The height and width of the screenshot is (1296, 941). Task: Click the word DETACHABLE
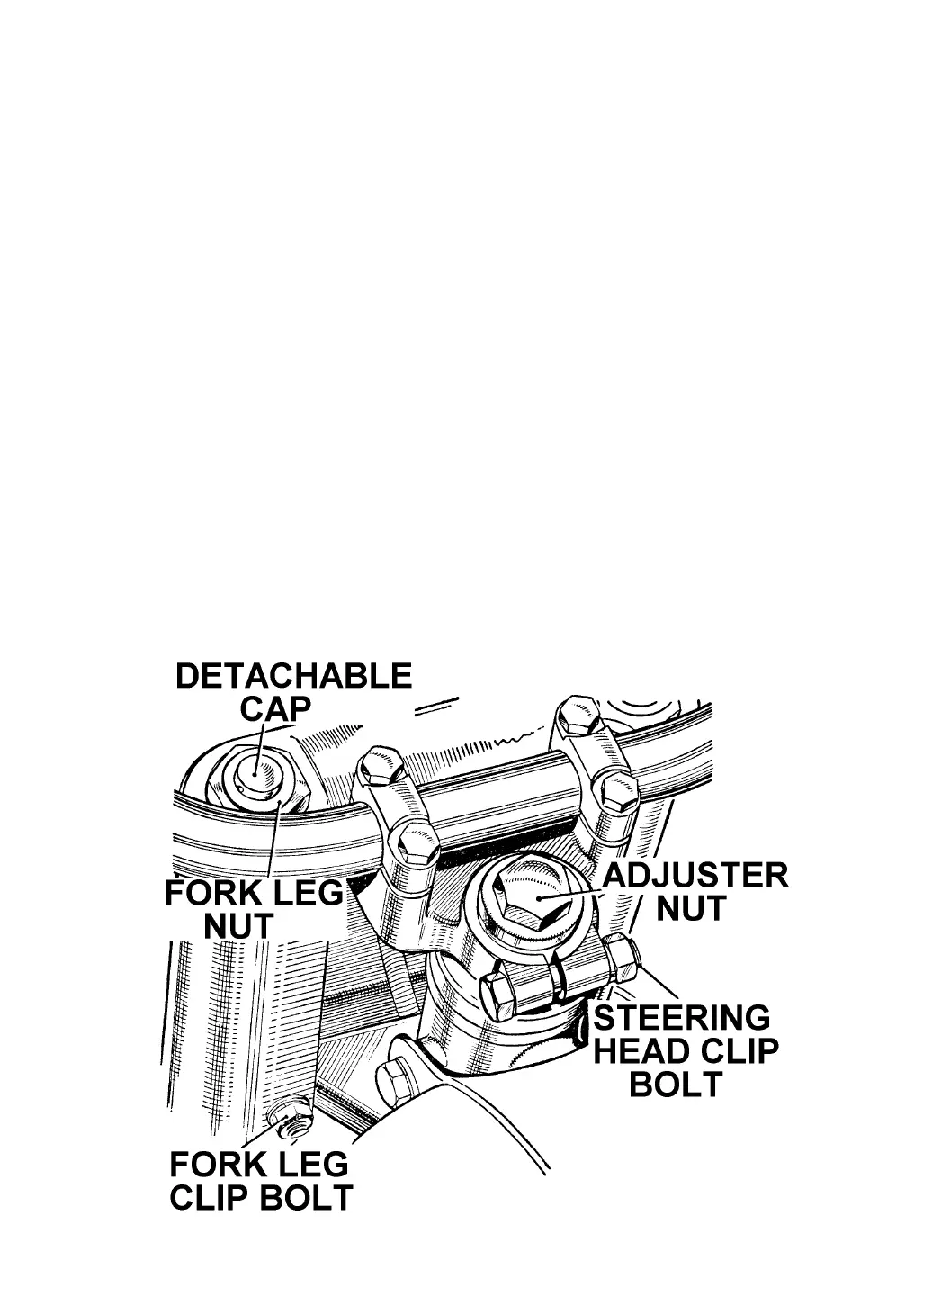pyautogui.click(x=293, y=676)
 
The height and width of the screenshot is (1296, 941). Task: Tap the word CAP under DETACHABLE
pyautogui.click(x=275, y=708)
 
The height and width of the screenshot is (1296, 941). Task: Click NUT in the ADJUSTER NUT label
pyautogui.click(x=690, y=910)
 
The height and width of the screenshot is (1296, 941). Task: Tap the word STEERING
pyautogui.click(x=681, y=1018)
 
